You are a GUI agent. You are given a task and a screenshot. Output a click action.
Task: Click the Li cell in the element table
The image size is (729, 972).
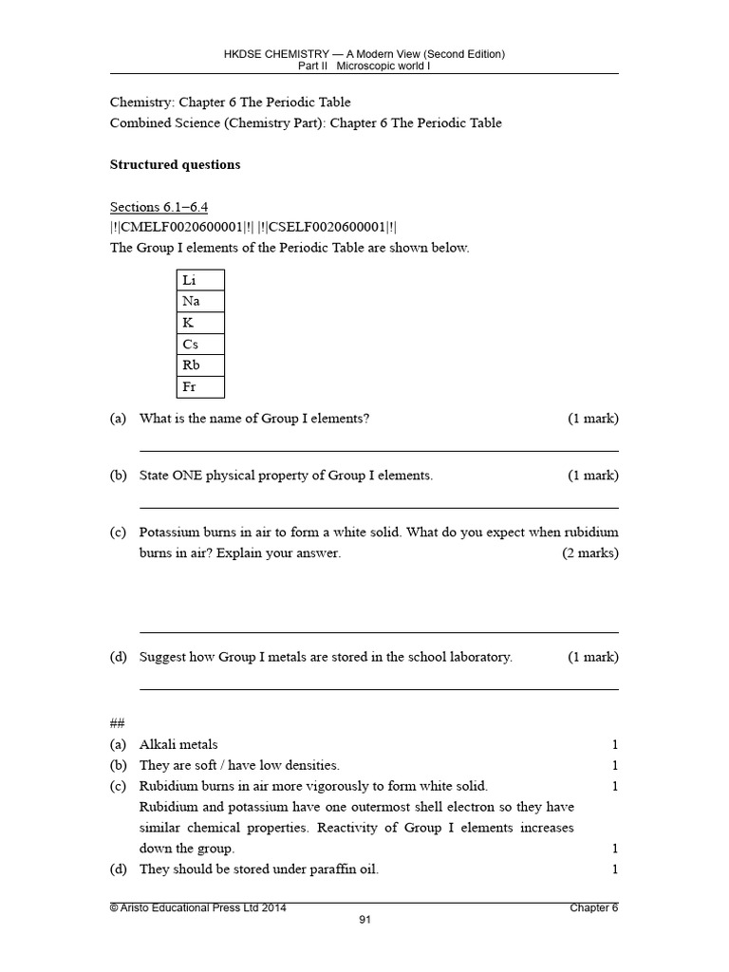point(200,280)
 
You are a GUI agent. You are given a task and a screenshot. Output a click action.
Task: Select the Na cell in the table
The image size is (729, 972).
point(200,301)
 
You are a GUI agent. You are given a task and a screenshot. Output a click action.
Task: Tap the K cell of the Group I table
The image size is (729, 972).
point(200,323)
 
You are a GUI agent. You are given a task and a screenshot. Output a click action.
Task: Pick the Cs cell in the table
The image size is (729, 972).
point(200,345)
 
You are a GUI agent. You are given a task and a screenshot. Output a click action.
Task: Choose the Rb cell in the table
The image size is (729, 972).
point(200,365)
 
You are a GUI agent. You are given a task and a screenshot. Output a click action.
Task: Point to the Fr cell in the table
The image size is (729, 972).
point(200,387)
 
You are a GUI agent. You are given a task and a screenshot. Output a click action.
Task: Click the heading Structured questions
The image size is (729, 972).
point(175,164)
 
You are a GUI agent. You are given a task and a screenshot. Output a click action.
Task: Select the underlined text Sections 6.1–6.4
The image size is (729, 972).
point(159,207)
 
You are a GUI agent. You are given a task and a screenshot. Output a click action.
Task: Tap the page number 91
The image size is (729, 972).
point(364,920)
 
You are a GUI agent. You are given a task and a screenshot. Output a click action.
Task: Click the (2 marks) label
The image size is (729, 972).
point(589,553)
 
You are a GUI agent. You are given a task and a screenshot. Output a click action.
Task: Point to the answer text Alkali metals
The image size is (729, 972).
point(178,744)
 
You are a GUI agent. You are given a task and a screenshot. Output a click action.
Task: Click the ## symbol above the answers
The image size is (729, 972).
point(118,723)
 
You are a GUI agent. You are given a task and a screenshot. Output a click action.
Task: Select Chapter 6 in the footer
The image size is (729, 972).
point(593,907)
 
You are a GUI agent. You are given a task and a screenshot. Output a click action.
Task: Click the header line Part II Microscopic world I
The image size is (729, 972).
point(364,66)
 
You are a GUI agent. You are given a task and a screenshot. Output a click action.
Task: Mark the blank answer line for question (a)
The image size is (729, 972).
point(379,450)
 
